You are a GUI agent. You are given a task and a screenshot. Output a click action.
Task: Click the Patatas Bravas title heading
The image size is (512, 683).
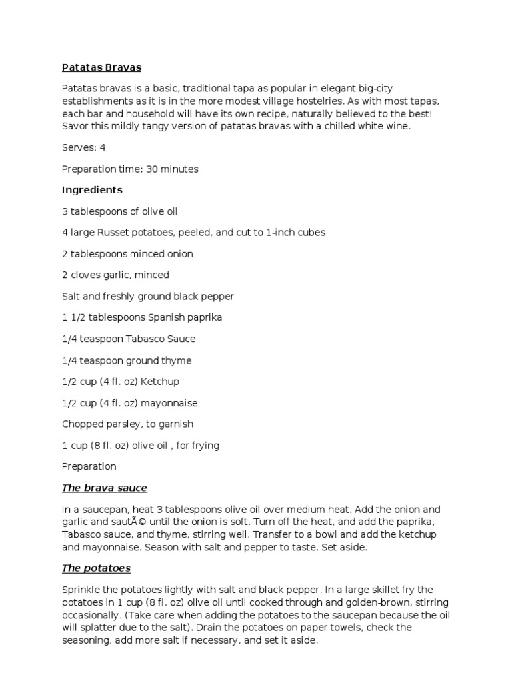click(101, 67)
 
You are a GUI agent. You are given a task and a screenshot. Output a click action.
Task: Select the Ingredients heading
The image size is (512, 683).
click(92, 190)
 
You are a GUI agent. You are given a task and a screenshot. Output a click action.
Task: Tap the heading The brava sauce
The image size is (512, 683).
click(104, 488)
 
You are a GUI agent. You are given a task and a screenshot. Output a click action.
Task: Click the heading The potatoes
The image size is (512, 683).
click(96, 568)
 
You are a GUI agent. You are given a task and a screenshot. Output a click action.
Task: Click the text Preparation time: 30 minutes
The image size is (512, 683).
click(130, 169)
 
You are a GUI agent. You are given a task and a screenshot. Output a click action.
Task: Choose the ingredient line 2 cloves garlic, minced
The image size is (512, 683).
click(115, 275)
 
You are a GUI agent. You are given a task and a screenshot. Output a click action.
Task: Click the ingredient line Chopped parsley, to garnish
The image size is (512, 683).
click(127, 424)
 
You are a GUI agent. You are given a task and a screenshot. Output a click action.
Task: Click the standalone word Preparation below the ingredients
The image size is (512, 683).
click(89, 466)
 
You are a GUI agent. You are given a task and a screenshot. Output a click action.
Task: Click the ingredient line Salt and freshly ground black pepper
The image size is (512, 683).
click(148, 296)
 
